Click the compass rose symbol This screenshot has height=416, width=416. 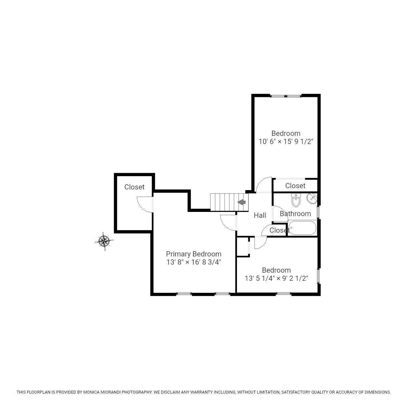(104, 241)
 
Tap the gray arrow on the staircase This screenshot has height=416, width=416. (241, 202)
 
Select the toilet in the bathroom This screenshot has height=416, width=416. (296, 200)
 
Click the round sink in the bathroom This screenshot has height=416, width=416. (312, 198)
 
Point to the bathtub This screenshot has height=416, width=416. (302, 228)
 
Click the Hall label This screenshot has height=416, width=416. (260, 215)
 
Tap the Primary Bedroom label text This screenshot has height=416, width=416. (193, 254)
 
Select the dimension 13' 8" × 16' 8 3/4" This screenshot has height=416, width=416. (194, 262)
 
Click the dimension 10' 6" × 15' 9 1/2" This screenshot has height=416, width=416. (286, 141)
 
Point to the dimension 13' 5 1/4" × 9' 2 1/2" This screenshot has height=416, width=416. (276, 278)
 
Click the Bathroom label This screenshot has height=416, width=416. (295, 214)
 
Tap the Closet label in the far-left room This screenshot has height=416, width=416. (134, 187)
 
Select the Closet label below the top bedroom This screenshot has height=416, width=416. (295, 186)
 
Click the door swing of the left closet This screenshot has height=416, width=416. (144, 205)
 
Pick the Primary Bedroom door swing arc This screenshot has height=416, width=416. (227, 223)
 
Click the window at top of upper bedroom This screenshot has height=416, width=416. (286, 96)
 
